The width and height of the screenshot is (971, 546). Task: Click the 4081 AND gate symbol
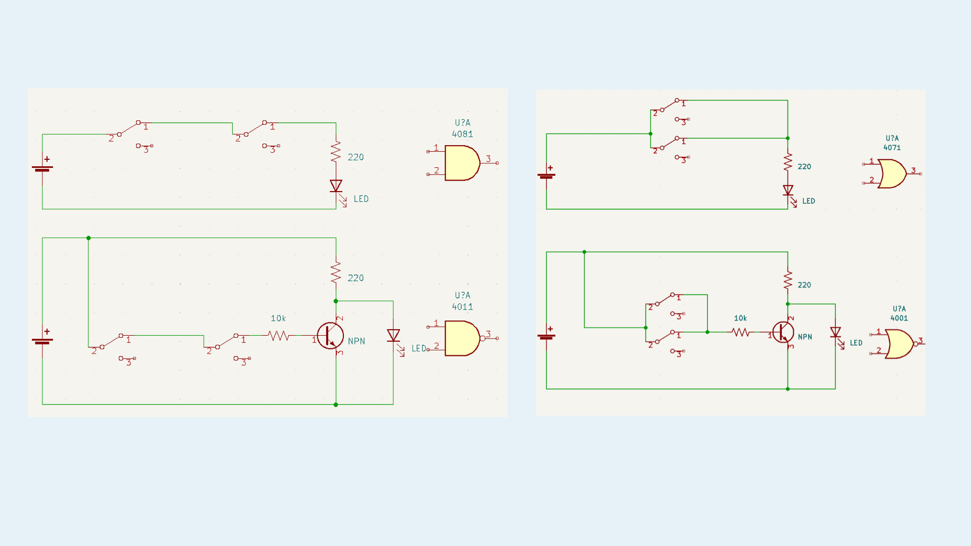click(x=461, y=163)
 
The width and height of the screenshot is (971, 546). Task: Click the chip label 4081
click(x=462, y=134)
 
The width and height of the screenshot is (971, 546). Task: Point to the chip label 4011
click(x=462, y=307)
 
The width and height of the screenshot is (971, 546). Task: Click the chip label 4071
click(x=892, y=148)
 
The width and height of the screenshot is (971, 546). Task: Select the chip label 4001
click(x=899, y=318)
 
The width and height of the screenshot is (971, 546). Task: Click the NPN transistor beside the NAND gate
click(x=330, y=336)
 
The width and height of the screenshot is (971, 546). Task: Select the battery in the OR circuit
click(x=546, y=175)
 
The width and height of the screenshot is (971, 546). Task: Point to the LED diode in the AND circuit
click(x=336, y=186)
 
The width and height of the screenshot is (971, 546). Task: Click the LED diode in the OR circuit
click(x=788, y=191)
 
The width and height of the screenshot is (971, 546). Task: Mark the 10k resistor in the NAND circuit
click(x=278, y=335)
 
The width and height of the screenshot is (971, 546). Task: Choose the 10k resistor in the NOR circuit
click(x=740, y=332)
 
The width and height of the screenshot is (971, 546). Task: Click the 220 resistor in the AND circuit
click(x=336, y=152)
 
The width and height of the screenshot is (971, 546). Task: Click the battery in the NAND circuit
click(x=42, y=341)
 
